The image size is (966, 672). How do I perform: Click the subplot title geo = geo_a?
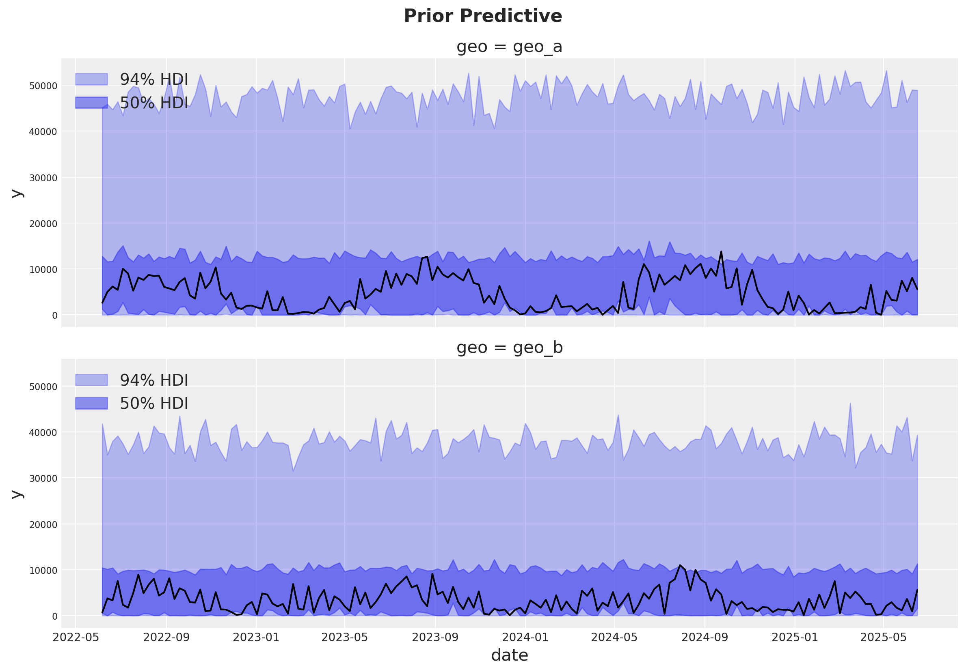tap(509, 47)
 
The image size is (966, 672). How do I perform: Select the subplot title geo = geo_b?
tap(509, 348)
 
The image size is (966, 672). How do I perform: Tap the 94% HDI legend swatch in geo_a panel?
tap(91, 79)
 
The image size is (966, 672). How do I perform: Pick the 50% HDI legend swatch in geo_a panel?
tap(91, 103)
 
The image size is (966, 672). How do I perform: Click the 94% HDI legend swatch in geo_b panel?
tap(91, 380)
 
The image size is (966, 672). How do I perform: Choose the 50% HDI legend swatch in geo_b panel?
tap(91, 404)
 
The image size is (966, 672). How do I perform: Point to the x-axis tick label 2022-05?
tap(76, 638)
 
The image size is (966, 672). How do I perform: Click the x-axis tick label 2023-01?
tap(256, 638)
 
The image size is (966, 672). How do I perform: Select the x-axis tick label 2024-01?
tap(525, 638)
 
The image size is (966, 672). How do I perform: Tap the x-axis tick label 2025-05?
tap(883, 638)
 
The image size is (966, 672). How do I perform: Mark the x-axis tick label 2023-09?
tap(435, 638)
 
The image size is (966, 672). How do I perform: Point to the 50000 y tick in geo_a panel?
tap(43, 86)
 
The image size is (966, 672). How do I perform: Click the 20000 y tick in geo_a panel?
tap(43, 224)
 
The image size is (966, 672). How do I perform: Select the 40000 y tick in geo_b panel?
tap(43, 433)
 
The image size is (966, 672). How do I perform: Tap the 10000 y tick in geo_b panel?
tap(43, 571)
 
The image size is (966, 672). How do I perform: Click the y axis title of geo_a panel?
tap(17, 193)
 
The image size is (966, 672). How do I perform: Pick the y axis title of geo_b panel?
tap(17, 494)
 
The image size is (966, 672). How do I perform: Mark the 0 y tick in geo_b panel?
tap(55, 616)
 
